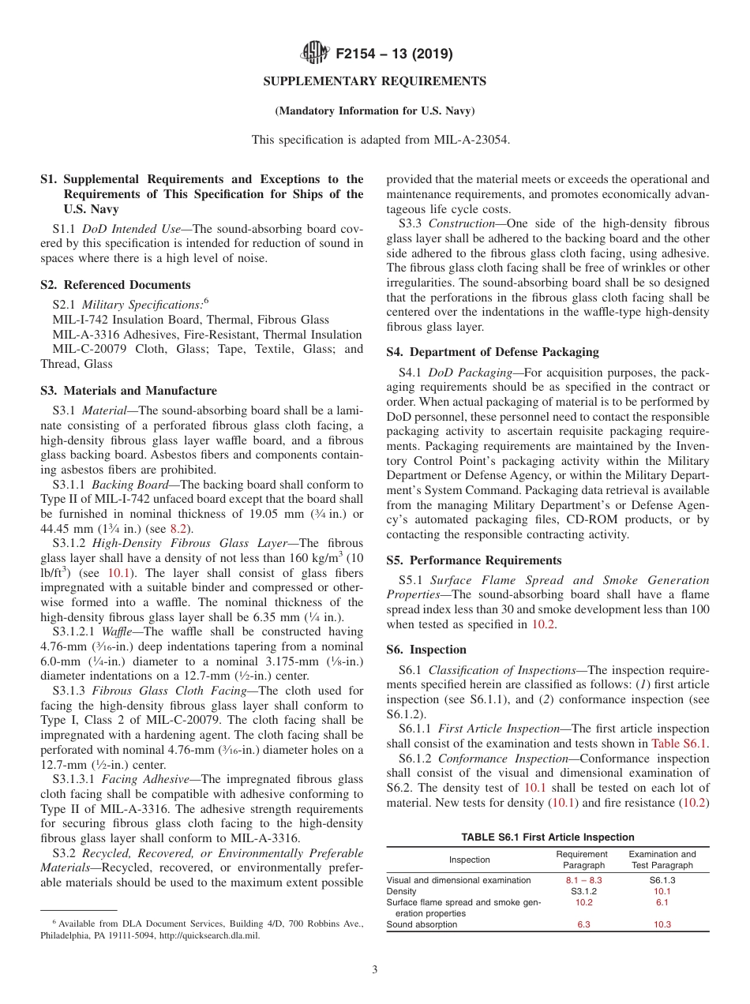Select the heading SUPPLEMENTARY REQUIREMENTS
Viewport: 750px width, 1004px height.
point(374,81)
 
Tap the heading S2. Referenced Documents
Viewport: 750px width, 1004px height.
point(115,285)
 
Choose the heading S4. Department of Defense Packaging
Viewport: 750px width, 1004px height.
point(493,352)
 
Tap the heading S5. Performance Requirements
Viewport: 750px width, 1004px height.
point(474,560)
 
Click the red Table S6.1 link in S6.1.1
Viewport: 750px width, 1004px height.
point(680,744)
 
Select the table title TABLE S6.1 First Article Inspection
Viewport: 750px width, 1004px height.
point(548,837)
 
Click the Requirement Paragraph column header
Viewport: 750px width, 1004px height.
point(582,860)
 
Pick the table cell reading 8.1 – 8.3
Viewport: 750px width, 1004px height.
point(583,880)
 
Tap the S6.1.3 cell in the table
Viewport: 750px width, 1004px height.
point(662,880)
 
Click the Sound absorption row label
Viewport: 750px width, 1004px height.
point(422,924)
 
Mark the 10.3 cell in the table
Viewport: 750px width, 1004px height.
point(662,924)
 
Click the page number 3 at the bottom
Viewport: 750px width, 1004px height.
point(374,970)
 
